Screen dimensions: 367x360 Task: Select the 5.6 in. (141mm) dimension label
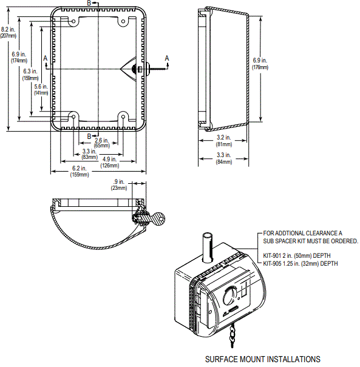[41, 90]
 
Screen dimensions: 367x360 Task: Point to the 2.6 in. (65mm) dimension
[101, 143]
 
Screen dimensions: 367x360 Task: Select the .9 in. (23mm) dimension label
[118, 184]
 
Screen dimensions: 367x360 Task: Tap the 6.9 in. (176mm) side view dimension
[260, 64]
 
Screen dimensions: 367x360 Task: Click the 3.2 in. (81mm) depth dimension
[224, 141]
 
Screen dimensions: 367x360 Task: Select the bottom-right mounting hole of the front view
[123, 116]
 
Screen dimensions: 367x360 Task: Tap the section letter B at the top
[90, 4]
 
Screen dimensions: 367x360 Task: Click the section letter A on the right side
[168, 57]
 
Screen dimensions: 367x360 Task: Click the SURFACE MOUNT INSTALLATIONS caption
[263, 359]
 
